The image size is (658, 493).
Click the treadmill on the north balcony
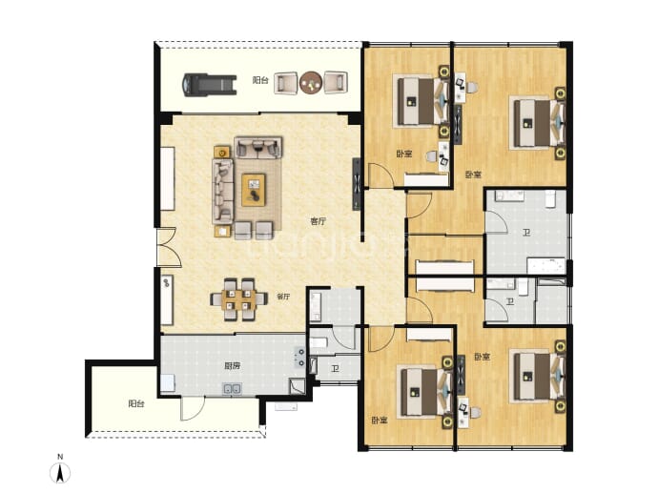click(x=210, y=85)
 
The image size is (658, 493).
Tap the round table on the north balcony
click(x=311, y=82)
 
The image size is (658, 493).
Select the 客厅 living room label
click(x=319, y=221)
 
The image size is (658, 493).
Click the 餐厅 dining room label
click(x=283, y=297)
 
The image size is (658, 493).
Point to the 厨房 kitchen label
click(x=232, y=366)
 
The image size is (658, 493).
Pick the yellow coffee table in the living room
click(x=254, y=190)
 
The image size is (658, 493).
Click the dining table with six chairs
click(x=238, y=299)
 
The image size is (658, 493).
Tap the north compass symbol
click(x=60, y=473)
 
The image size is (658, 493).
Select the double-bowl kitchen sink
click(x=232, y=389)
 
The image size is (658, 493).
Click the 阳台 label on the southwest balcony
click(x=136, y=404)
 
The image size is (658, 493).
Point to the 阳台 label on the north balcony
click(x=260, y=80)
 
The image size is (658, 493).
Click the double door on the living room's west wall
click(x=168, y=248)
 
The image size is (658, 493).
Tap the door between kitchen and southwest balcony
click(x=193, y=408)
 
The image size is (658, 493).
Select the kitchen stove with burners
click(x=299, y=357)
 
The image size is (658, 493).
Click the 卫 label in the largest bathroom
click(x=526, y=232)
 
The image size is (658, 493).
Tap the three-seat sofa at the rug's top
click(x=257, y=147)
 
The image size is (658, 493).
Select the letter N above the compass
click(x=60, y=457)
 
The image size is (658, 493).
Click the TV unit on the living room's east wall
click(x=357, y=184)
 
